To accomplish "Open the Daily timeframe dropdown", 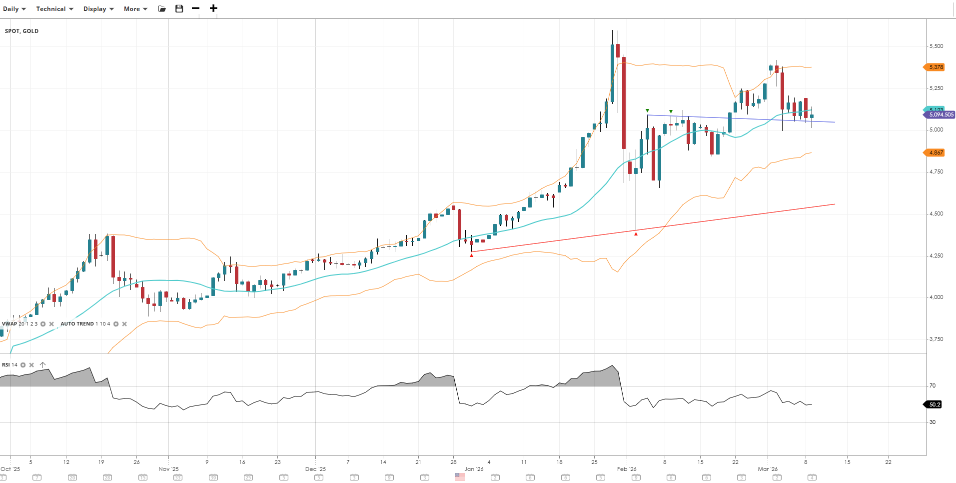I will point(14,9).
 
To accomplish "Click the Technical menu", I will point(54,9).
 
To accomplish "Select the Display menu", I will point(98,9).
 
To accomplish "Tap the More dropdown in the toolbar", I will point(135,9).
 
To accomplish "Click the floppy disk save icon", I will point(179,8).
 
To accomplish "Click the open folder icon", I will point(162,8).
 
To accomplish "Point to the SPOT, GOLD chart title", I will point(21,31).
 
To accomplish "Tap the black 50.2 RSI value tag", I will point(934,404).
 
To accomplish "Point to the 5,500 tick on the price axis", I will point(936,46).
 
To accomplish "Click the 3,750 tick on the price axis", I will point(936,339).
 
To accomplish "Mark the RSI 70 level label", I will point(933,385).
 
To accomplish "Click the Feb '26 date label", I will point(627,469).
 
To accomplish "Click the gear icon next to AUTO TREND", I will point(116,324).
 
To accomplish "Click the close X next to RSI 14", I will point(31,365).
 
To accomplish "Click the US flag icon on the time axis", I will point(460,477).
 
